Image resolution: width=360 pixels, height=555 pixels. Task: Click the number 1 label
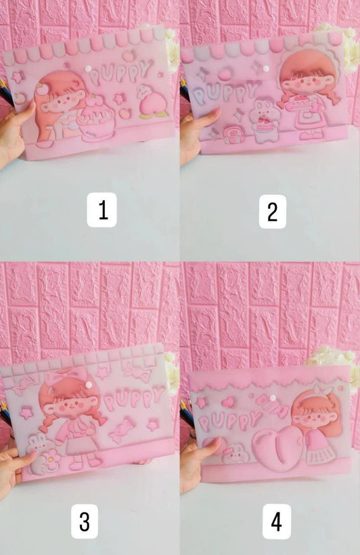[102, 210]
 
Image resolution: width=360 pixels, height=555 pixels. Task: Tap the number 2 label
[272, 211]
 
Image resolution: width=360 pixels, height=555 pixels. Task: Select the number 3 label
[85, 521]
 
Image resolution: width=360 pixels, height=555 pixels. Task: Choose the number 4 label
[277, 522]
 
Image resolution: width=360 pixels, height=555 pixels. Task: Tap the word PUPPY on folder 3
[135, 398]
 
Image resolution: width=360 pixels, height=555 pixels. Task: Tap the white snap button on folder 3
[89, 384]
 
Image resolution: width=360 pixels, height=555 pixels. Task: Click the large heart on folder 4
[278, 448]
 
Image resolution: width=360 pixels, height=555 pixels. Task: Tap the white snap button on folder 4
[273, 399]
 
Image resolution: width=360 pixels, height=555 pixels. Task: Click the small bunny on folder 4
[235, 454]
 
